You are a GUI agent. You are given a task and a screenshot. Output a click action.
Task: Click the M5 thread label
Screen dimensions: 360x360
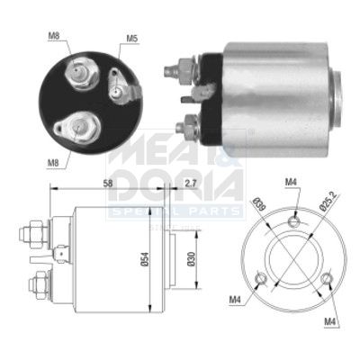pyautogui.click(x=131, y=38)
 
